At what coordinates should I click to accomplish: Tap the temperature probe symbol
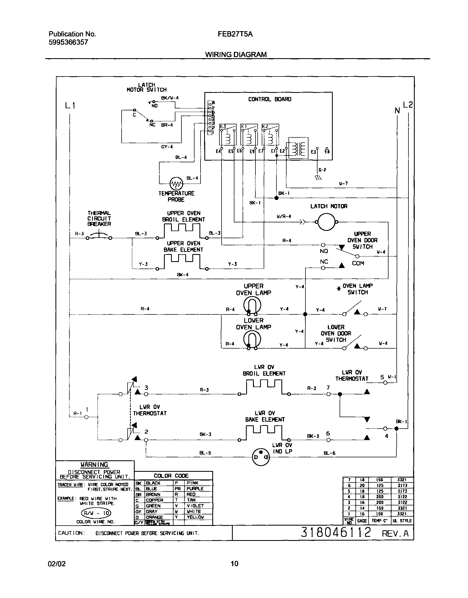(176, 183)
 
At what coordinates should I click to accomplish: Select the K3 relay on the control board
(228, 135)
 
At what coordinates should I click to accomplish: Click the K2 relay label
(265, 126)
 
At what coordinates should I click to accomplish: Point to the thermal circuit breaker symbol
(99, 236)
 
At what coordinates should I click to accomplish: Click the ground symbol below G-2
(318, 178)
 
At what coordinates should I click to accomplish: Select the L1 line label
(70, 105)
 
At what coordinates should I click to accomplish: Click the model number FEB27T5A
(235, 34)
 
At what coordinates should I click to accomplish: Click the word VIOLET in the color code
(195, 506)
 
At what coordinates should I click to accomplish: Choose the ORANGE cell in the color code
(154, 517)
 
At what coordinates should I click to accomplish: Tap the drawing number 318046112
(336, 532)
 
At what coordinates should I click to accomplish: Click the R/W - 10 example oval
(96, 513)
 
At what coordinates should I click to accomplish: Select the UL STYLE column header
(402, 520)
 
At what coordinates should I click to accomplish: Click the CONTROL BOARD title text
(270, 99)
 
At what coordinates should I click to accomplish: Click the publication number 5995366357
(69, 42)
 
